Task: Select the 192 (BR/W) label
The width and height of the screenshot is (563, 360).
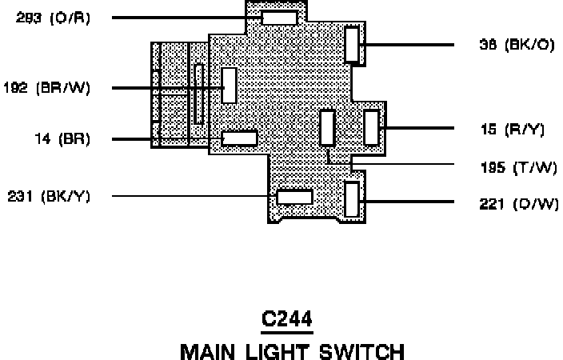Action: [x=47, y=88]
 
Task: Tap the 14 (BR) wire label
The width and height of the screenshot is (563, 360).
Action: [x=62, y=139]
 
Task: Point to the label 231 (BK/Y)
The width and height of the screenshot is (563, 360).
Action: [x=49, y=196]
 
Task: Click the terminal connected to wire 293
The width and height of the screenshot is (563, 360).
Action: [x=279, y=18]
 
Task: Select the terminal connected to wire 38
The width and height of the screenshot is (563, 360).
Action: [x=352, y=44]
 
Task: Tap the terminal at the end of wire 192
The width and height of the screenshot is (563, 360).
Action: [x=230, y=85]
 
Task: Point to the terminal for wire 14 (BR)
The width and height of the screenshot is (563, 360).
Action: [x=239, y=138]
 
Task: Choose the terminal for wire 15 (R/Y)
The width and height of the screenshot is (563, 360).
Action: [x=371, y=128]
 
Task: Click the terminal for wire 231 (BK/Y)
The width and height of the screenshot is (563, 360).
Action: [x=293, y=197]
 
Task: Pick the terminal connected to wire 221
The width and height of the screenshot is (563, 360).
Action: [x=352, y=200]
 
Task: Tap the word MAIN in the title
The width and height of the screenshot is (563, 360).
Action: [x=206, y=351]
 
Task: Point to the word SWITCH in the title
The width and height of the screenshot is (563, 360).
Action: [x=357, y=351]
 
